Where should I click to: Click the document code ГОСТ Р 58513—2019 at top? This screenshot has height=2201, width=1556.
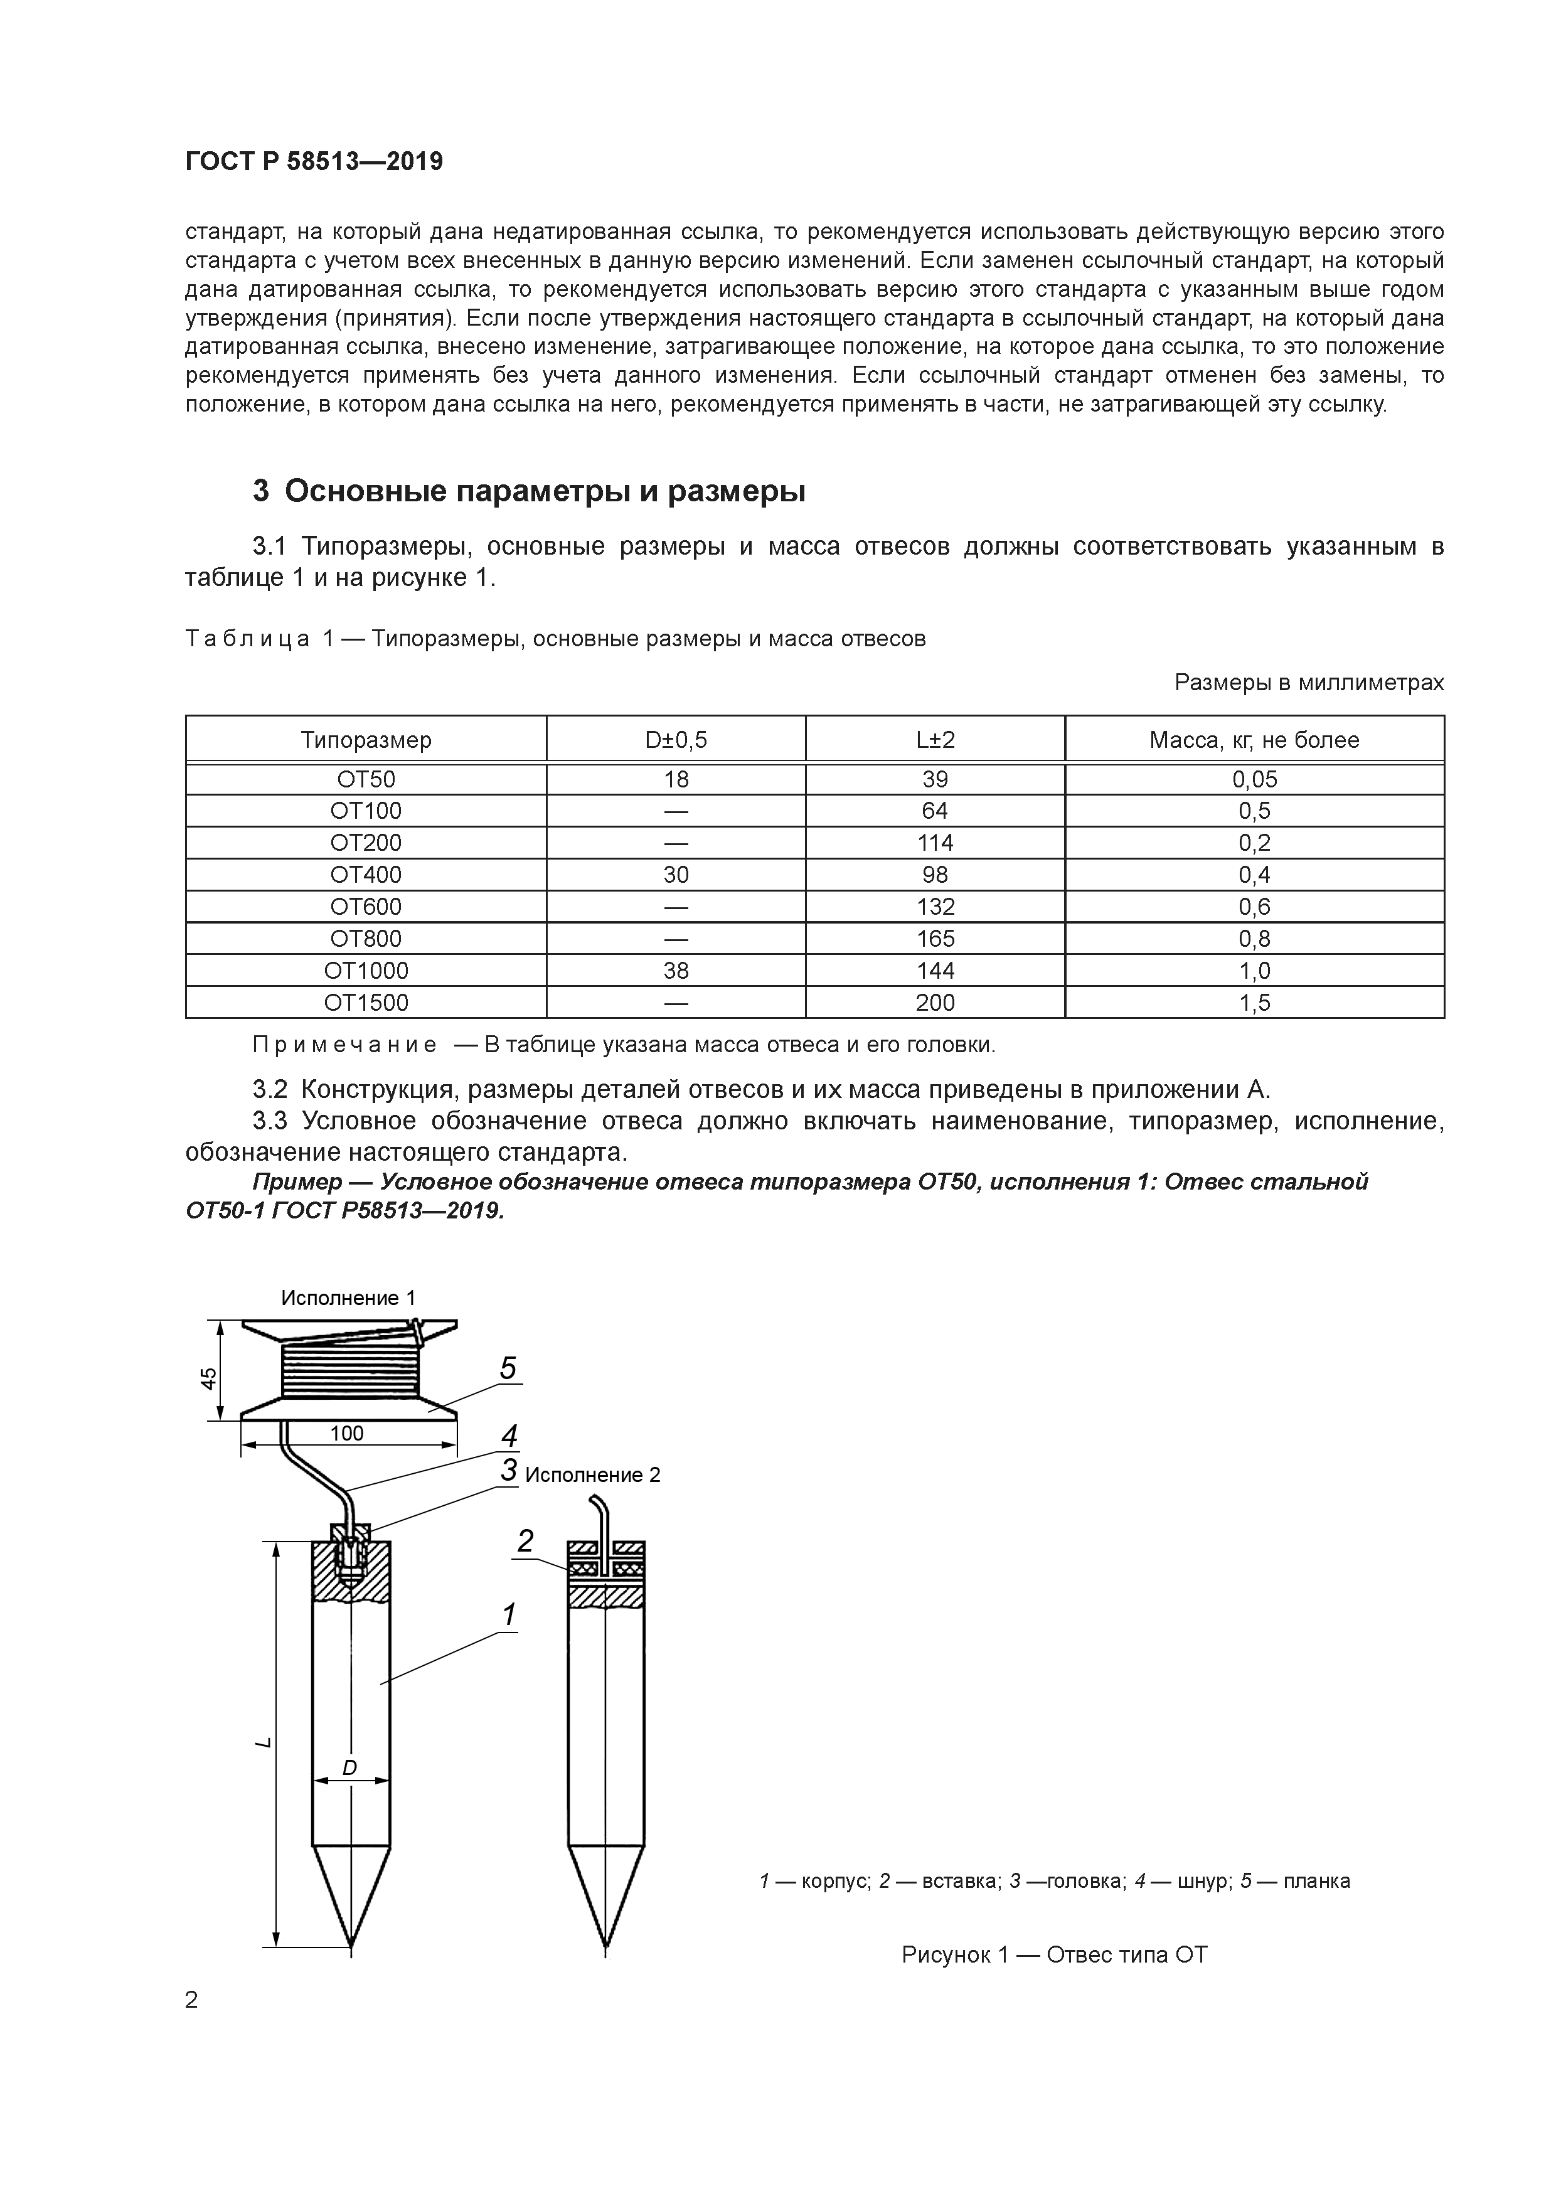(314, 162)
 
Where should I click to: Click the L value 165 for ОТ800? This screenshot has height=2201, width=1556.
(935, 939)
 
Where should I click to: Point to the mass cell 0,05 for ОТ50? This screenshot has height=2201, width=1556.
(1254, 779)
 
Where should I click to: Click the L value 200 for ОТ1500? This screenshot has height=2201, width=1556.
(935, 1003)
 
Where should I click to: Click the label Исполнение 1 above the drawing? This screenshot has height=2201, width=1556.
(348, 1298)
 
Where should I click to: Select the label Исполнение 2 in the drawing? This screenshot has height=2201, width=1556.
(592, 1475)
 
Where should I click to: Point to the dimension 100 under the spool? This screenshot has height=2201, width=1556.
(347, 1433)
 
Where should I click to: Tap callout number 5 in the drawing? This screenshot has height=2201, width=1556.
(508, 1368)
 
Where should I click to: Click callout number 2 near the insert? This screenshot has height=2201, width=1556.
(525, 1540)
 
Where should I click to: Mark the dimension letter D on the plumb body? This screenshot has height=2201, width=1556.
(350, 1767)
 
